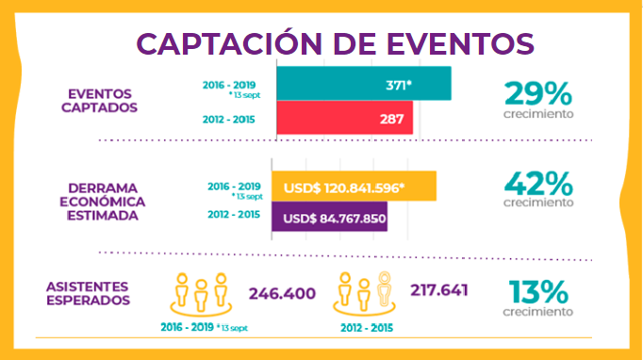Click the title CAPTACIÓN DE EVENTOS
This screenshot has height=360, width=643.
click(335, 42)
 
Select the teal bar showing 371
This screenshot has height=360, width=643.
click(363, 84)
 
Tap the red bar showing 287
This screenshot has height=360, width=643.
click(344, 119)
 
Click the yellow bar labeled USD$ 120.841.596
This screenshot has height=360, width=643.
click(354, 187)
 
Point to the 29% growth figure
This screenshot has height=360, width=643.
click(537, 93)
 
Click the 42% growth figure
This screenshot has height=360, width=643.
click(537, 182)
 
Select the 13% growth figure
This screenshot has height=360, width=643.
click(537, 291)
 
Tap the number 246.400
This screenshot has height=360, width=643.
click(282, 294)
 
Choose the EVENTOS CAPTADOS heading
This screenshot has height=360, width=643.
click(102, 100)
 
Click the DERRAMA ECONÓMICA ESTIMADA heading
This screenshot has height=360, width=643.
click(101, 202)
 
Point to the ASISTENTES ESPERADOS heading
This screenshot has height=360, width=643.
click(88, 293)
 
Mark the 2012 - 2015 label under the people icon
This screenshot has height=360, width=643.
click(366, 328)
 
